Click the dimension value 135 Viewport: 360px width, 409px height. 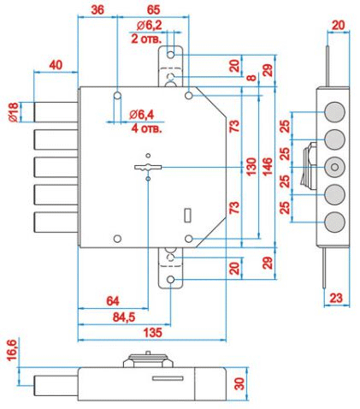(153, 333)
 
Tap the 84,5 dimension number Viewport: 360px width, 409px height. (124, 317)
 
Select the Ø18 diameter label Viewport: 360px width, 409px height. (14, 112)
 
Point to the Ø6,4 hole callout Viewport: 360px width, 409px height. (141, 115)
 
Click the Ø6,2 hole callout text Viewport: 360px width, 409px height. (149, 26)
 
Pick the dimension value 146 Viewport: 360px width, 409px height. (267, 166)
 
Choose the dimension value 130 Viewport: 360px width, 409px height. (251, 166)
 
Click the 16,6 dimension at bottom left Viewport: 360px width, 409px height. (13, 350)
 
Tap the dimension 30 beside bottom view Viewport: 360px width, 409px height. (239, 383)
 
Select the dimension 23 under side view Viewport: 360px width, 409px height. (336, 298)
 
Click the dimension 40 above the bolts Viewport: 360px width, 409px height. (56, 65)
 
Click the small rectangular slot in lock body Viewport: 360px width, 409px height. (188, 215)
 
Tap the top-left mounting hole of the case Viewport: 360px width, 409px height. (117, 95)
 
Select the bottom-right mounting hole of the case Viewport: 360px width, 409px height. (189, 239)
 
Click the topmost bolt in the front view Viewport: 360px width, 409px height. (56, 112)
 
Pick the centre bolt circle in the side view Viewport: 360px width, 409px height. (335, 167)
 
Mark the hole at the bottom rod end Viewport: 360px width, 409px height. (171, 280)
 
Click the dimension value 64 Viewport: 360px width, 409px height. (113, 301)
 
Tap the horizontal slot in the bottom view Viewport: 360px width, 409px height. (168, 378)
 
